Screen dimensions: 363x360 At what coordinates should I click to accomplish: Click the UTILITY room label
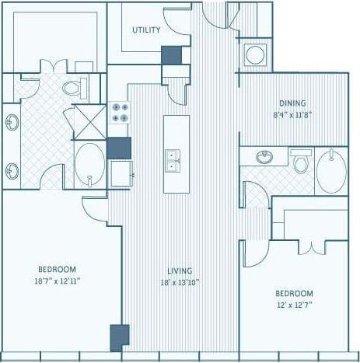[146, 30]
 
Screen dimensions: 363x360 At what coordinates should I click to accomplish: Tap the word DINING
[292, 103]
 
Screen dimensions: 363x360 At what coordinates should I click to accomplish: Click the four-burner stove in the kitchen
[120, 113]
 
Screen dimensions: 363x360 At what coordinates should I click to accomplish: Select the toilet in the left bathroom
[75, 88]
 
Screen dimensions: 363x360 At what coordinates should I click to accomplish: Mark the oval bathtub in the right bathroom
[332, 172]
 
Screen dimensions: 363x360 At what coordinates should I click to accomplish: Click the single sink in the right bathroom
[265, 158]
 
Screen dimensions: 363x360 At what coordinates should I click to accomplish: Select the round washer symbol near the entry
[254, 55]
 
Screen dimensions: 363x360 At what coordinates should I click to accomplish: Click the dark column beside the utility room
[171, 55]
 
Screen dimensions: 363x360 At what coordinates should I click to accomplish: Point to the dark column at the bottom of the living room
[119, 337]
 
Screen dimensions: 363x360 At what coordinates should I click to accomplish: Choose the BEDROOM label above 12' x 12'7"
[295, 293]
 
